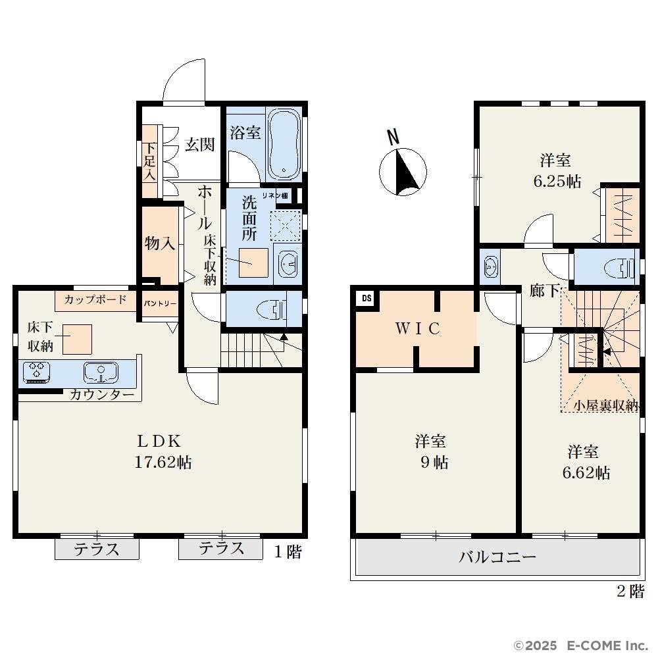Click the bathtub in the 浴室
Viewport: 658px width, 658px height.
point(284,144)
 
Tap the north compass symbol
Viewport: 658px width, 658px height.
point(403,168)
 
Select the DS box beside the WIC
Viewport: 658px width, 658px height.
point(367,298)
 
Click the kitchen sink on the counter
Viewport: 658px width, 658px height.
point(101,372)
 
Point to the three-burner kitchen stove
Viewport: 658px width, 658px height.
point(36,372)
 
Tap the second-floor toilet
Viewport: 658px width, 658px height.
point(619,267)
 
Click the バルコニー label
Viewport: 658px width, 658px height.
point(497,557)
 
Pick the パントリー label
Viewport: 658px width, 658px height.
point(160,303)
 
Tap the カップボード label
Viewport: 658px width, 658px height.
point(95,299)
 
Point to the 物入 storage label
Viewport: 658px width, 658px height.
point(159,243)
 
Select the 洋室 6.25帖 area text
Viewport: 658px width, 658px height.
point(557,171)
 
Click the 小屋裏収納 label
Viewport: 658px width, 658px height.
point(605,405)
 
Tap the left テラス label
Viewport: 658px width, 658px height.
point(97,549)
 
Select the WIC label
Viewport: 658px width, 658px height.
point(418,328)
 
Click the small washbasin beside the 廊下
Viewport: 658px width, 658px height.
point(490,266)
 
